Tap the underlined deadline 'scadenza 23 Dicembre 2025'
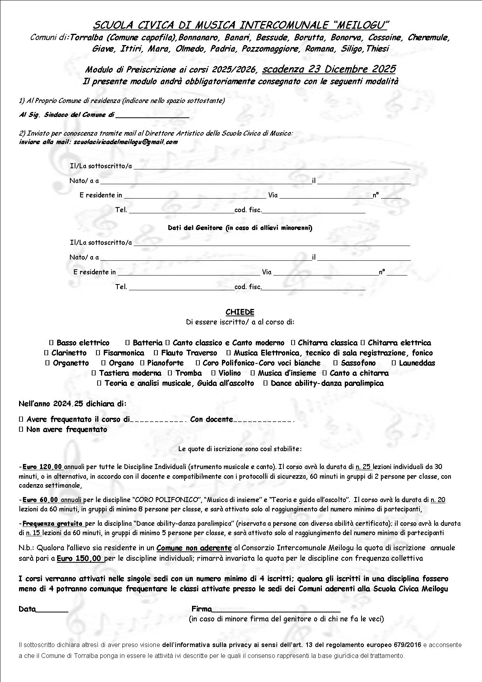click(329, 69)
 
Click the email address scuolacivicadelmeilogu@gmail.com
click(125, 142)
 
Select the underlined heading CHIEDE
click(240, 312)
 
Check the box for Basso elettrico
click(51, 343)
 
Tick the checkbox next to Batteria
click(127, 343)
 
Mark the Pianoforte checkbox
click(142, 363)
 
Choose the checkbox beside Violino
click(213, 373)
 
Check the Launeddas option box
click(394, 363)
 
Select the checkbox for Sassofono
click(335, 363)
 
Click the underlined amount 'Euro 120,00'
click(42, 467)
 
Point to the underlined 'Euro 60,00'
click(40, 500)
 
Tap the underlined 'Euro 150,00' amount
click(79, 558)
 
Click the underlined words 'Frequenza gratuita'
click(52, 523)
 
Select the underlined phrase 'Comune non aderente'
click(194, 548)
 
